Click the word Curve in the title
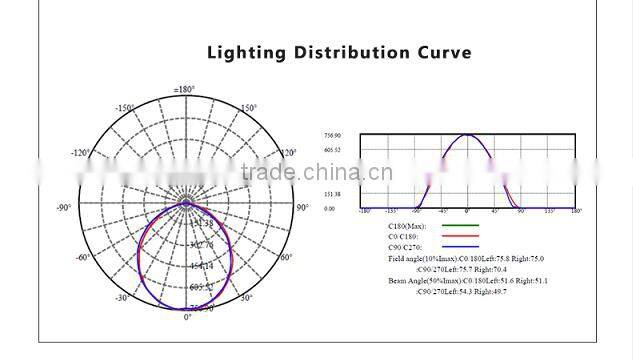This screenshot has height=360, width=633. pyautogui.click(x=440, y=52)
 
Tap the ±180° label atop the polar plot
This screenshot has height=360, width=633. pyautogui.click(x=184, y=90)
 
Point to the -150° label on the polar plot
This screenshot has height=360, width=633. pyautogui.click(x=124, y=107)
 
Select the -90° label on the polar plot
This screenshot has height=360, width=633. pyautogui.click(x=64, y=207)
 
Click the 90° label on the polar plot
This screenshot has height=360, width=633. pyautogui.click(x=302, y=207)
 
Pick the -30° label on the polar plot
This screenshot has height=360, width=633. pyautogui.click(x=121, y=298)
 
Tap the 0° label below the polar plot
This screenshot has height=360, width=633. pyautogui.click(x=187, y=317)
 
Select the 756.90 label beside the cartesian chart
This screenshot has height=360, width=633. pyautogui.click(x=332, y=135)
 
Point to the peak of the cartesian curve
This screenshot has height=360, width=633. pyautogui.click(x=467, y=135)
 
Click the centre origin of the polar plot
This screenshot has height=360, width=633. pyautogui.click(x=186, y=203)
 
